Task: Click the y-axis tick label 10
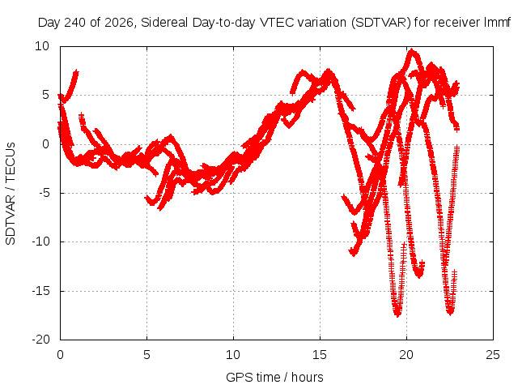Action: (42, 46)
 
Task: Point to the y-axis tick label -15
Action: (40, 291)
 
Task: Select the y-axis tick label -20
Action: (40, 340)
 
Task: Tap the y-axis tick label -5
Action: (44, 193)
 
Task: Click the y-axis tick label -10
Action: (40, 242)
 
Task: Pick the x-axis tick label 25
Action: (493, 355)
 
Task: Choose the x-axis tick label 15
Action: (320, 355)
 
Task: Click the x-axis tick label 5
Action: (146, 355)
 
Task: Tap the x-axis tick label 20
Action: (406, 355)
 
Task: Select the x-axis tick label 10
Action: (233, 355)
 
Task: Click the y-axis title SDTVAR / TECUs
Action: (11, 194)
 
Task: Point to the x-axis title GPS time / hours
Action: (274, 377)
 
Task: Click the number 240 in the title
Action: (74, 23)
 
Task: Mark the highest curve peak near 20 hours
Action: (412, 50)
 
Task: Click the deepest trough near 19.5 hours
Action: (397, 314)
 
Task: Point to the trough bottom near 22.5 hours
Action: (450, 312)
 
